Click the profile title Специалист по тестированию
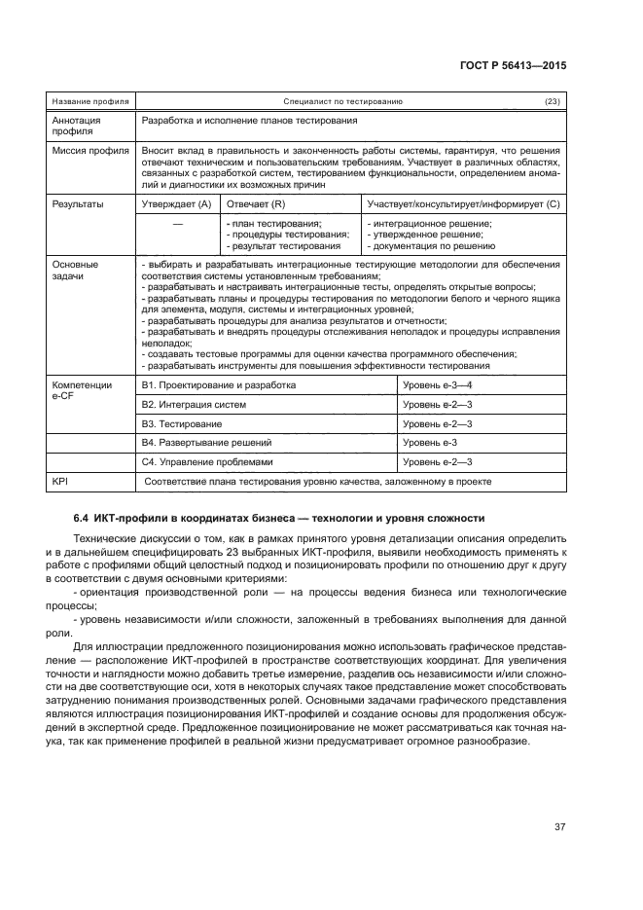pyautogui.click(x=343, y=101)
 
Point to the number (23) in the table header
pyautogui.click(x=552, y=101)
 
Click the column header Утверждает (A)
pyautogui.click(x=177, y=204)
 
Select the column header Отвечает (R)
pyautogui.click(x=256, y=204)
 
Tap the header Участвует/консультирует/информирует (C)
pyautogui.click(x=464, y=204)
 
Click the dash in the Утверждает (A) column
pyautogui.click(x=177, y=225)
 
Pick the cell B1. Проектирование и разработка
pyautogui.click(x=219, y=385)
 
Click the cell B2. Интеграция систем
pyautogui.click(x=194, y=404)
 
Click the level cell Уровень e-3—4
pyautogui.click(x=437, y=385)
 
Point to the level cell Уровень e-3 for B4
pyautogui.click(x=430, y=443)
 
